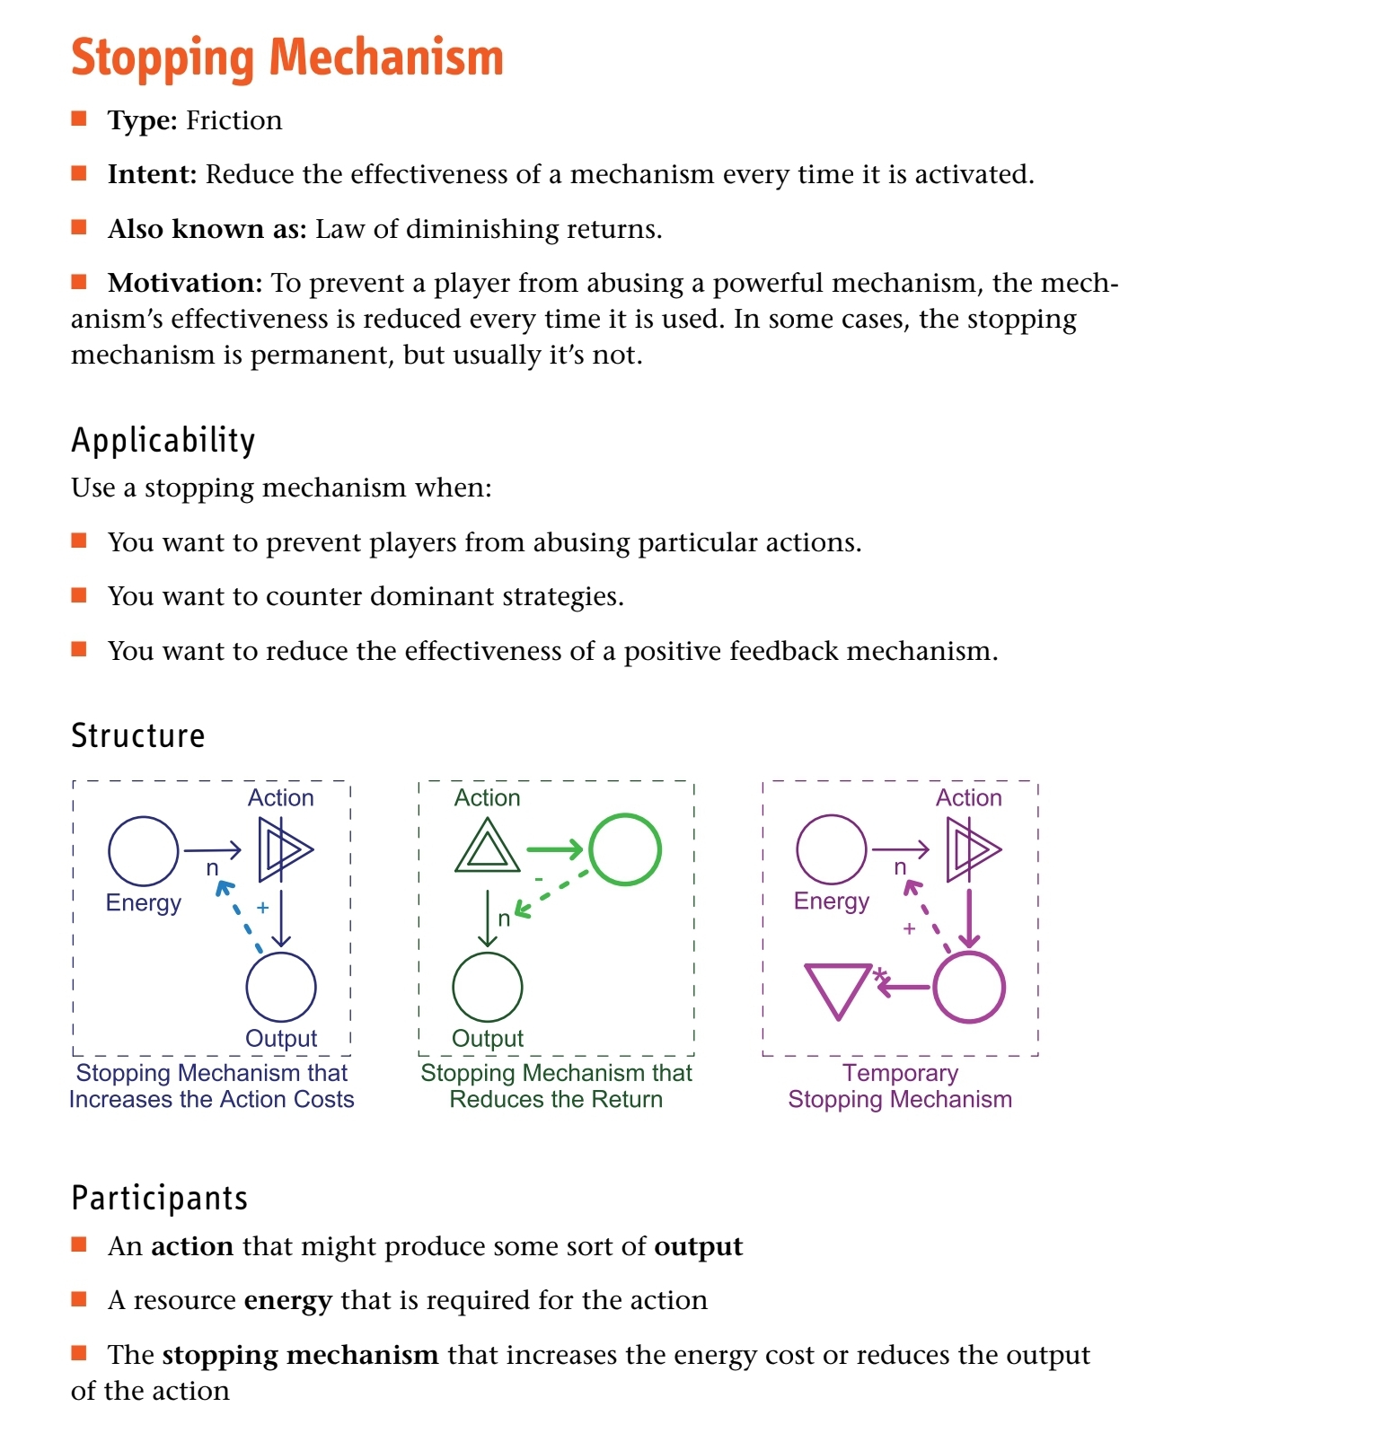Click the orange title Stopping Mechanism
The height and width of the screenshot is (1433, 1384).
pyautogui.click(x=286, y=57)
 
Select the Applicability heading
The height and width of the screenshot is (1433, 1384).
pyautogui.click(x=163, y=441)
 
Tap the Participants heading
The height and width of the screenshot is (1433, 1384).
pyautogui.click(x=159, y=1199)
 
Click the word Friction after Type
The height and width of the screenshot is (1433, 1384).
pyautogui.click(x=234, y=120)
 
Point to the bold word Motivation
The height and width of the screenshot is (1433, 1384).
pyautogui.click(x=184, y=283)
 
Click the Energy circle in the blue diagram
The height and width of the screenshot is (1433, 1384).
pyautogui.click(x=144, y=850)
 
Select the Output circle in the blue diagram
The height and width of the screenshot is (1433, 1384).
pyautogui.click(x=281, y=987)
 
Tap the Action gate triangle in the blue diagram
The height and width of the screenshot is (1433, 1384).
pyautogui.click(x=283, y=849)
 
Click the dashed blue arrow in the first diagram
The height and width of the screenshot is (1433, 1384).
pyautogui.click(x=240, y=916)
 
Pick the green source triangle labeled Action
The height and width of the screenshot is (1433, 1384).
pyautogui.click(x=488, y=849)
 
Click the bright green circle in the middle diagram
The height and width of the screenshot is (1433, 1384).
pyautogui.click(x=625, y=849)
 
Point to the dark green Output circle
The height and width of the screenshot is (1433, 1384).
pyautogui.click(x=488, y=987)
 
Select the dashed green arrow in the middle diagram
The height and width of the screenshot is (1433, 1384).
pyautogui.click(x=551, y=893)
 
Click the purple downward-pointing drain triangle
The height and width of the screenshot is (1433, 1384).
pyautogui.click(x=837, y=989)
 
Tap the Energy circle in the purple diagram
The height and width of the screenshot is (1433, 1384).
pyautogui.click(x=832, y=849)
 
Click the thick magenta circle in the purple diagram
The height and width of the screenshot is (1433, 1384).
pyautogui.click(x=969, y=988)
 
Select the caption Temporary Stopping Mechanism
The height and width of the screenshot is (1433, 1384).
pyautogui.click(x=900, y=1086)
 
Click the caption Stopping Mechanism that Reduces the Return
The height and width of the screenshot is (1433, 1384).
pyautogui.click(x=556, y=1086)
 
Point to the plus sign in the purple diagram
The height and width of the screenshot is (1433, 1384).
pyautogui.click(x=909, y=928)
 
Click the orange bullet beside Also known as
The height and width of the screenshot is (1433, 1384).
pyautogui.click(x=79, y=227)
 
